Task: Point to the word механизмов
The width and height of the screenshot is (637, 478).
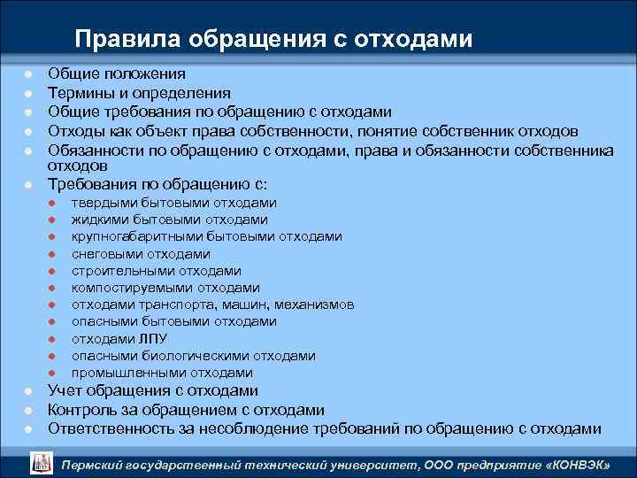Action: pos(314,305)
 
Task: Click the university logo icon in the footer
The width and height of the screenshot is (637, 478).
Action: pos(42,460)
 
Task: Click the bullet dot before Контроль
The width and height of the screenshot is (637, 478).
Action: pos(28,411)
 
